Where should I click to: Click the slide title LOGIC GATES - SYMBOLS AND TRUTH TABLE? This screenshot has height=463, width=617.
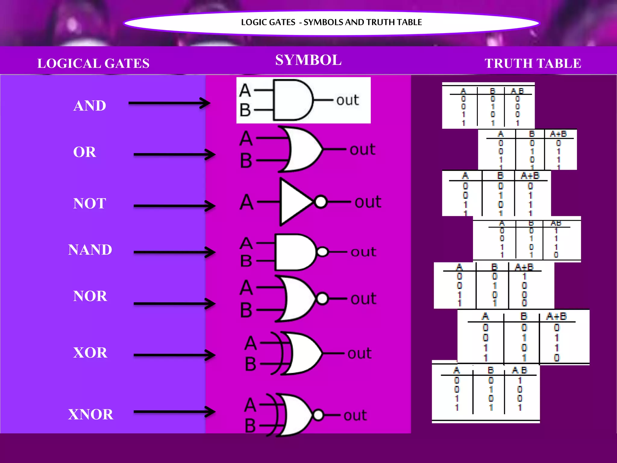coord(331,22)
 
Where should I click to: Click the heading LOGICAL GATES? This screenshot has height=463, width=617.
coord(93,64)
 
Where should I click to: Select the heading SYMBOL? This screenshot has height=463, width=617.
coord(308,60)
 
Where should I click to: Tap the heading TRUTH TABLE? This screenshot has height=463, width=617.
coord(533,64)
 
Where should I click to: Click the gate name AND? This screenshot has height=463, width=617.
coord(90,106)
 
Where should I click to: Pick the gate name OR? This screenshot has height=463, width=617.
coord(85,152)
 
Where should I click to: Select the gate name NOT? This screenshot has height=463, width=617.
coord(89,203)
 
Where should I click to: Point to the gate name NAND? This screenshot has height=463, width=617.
coord(90,250)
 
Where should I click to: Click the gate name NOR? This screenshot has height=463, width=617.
coord(90,296)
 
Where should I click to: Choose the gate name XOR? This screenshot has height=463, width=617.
coord(90,352)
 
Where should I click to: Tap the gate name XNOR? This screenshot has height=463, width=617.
coord(91,414)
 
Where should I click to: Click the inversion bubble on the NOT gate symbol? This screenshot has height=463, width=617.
coord(321,202)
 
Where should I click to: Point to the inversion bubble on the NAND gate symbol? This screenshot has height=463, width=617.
coord(322,252)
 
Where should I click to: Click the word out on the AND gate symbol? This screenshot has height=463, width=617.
coord(347,100)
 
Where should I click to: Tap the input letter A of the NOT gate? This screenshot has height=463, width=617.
coord(246,202)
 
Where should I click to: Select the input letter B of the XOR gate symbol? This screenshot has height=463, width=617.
coord(250,364)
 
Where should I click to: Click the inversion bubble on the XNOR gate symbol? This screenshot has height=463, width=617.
coord(318,415)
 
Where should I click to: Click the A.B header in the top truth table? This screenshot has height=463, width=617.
coord(517,91)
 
